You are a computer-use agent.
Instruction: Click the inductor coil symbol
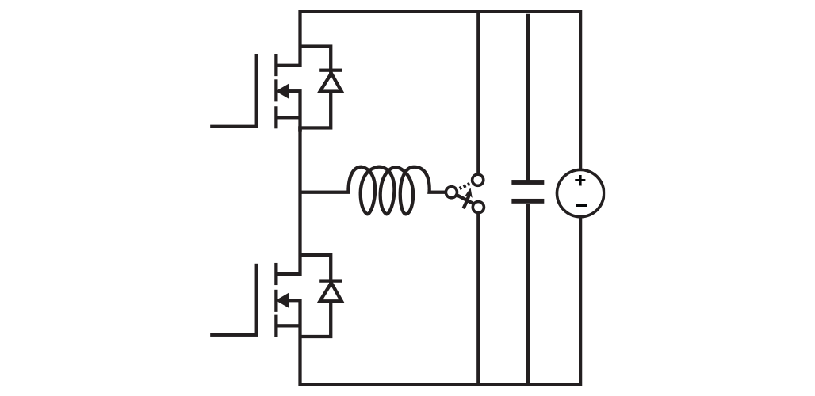388,190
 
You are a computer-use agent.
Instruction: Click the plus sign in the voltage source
580,181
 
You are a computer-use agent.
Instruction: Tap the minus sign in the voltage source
580,206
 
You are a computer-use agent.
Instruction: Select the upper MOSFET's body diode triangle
331,82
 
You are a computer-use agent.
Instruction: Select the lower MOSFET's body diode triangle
331,292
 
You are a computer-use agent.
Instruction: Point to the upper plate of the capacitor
527,182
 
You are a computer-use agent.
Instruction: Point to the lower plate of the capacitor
527,200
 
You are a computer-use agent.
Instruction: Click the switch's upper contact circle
478,180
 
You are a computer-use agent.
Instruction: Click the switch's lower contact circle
478,207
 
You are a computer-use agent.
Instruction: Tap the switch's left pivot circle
451,192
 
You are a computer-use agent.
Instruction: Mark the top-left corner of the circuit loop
300,12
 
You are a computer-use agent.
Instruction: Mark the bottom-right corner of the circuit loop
580,385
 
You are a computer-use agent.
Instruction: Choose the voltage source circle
580,193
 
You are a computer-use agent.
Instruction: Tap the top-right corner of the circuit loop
580,12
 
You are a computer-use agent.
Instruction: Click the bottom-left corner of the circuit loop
300,385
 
